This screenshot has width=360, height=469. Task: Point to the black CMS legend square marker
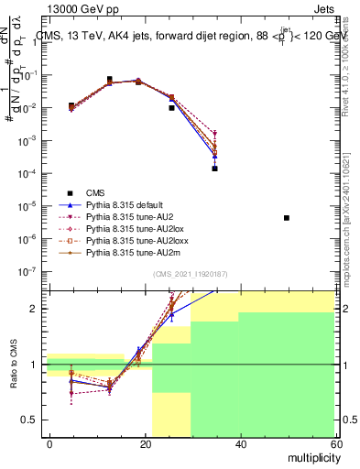[x=69, y=192]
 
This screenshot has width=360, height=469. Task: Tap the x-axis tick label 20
[x=145, y=443]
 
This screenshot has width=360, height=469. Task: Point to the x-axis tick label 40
[x=240, y=443]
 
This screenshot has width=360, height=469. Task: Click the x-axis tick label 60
[x=334, y=443]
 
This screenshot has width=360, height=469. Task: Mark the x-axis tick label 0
[x=50, y=443]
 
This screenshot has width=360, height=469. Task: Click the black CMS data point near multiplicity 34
[x=214, y=169]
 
